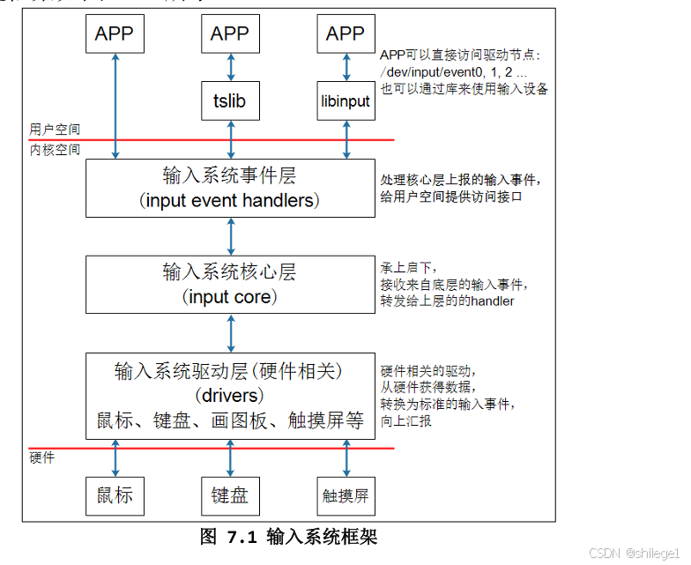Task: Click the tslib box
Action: pyautogui.click(x=230, y=101)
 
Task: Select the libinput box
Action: pyautogui.click(x=345, y=101)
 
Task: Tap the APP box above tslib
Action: pyautogui.click(x=230, y=34)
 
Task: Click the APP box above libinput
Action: pyautogui.click(x=345, y=34)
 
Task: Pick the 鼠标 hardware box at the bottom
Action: pyautogui.click(x=115, y=495)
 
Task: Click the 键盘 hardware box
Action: pyautogui.click(x=230, y=495)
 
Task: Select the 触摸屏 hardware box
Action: pyautogui.click(x=345, y=496)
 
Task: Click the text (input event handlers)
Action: pyautogui.click(x=230, y=201)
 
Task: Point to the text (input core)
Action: pyautogui.click(x=230, y=297)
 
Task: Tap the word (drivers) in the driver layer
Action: pyautogui.click(x=230, y=395)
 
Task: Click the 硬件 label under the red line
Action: pyautogui.click(x=41, y=457)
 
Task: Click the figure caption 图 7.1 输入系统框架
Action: pyautogui.click(x=288, y=536)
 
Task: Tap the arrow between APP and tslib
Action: pyautogui.click(x=231, y=65)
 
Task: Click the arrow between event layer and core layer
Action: pyautogui.click(x=231, y=235)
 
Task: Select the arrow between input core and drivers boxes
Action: pyautogui.click(x=231, y=332)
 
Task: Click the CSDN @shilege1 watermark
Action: pyautogui.click(x=634, y=554)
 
